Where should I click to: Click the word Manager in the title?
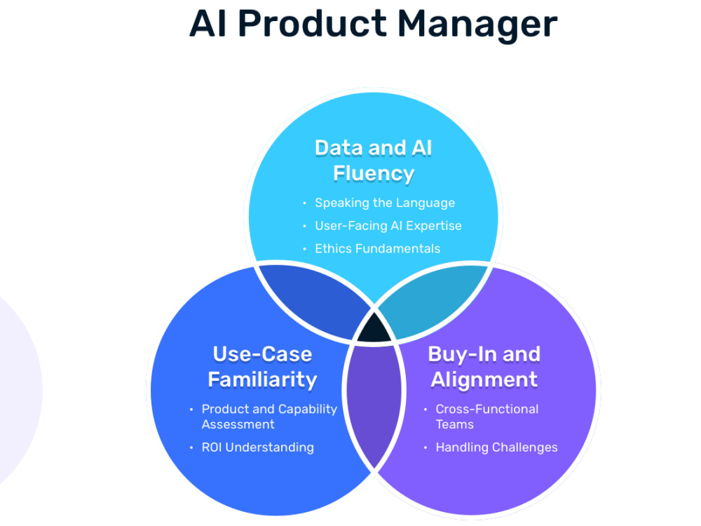click(477, 25)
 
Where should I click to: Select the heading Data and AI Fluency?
click(373, 160)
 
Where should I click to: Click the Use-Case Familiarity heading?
click(262, 366)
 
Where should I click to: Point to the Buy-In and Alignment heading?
click(484, 366)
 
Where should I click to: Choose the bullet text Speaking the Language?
click(385, 203)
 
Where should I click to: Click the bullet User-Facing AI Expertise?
click(388, 226)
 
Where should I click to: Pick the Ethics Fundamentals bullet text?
click(377, 248)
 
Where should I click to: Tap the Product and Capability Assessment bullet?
click(269, 417)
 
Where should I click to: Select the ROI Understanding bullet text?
click(257, 447)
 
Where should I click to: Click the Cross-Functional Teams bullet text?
click(486, 417)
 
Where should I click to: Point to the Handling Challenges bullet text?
click(496, 447)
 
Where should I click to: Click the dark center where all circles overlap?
click(373, 329)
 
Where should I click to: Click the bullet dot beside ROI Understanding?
click(191, 447)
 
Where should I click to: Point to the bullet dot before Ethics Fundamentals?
click(304, 249)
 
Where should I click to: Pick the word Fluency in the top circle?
click(373, 173)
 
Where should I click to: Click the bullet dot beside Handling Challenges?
click(426, 447)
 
